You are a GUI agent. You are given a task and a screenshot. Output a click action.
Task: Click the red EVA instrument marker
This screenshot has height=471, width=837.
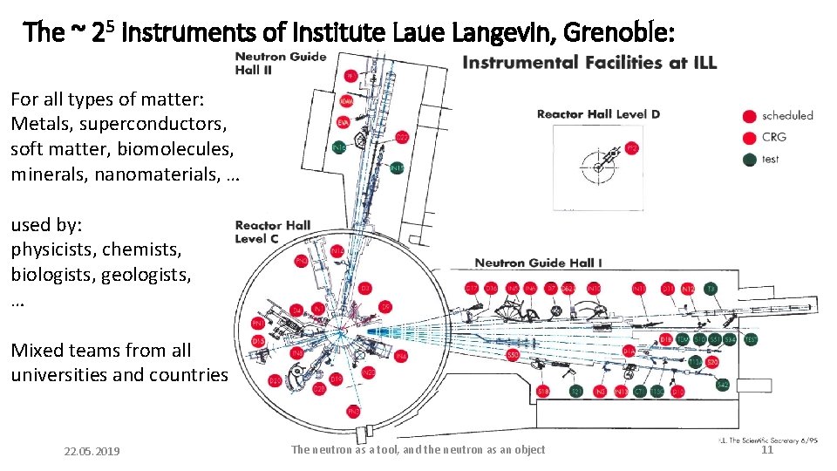click(x=344, y=121)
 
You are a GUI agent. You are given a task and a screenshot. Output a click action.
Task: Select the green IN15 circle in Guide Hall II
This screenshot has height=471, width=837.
click(x=397, y=167)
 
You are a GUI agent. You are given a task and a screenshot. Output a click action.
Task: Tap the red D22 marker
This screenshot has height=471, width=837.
click(x=402, y=137)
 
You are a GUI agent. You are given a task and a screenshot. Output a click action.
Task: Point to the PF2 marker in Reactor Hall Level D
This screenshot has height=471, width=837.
click(x=632, y=148)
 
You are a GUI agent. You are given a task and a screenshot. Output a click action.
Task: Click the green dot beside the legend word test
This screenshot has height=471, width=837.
click(x=748, y=159)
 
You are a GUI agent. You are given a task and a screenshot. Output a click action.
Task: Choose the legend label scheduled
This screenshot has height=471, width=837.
click(x=787, y=115)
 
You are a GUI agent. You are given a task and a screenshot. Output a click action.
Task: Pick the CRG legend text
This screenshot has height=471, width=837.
click(x=774, y=137)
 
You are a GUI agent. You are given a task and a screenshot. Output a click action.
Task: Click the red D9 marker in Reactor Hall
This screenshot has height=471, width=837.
click(x=385, y=306)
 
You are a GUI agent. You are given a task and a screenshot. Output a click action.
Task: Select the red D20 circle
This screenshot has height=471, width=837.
click(x=276, y=381)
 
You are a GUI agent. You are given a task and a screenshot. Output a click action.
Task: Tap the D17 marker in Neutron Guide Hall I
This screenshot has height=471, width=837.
click(x=472, y=287)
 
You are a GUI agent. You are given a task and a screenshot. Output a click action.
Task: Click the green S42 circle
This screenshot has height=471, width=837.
click(x=723, y=384)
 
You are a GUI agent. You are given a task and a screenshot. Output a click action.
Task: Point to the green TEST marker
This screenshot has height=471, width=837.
click(x=751, y=338)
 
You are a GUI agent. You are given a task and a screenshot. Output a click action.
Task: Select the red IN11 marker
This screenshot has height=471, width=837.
click(x=639, y=287)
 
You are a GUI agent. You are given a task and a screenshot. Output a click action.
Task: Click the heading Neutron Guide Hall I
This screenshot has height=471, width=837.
click(x=538, y=263)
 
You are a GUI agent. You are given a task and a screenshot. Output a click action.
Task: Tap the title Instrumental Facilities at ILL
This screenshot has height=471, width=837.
click(x=589, y=62)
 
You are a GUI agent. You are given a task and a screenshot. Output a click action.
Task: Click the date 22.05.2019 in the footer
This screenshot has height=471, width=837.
click(x=92, y=451)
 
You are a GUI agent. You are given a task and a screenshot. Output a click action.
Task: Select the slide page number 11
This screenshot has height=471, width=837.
click(x=767, y=450)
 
